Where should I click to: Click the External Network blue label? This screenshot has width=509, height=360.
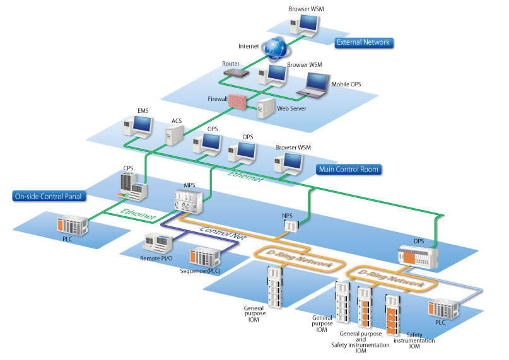tap(363, 42)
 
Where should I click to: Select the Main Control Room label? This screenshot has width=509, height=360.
tap(349, 170)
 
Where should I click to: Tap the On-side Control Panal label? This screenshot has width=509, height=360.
tap(49, 196)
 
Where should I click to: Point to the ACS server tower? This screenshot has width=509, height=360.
tap(173, 134)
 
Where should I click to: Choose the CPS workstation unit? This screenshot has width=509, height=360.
tap(133, 183)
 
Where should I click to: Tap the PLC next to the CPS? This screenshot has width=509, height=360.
tap(71, 225)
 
